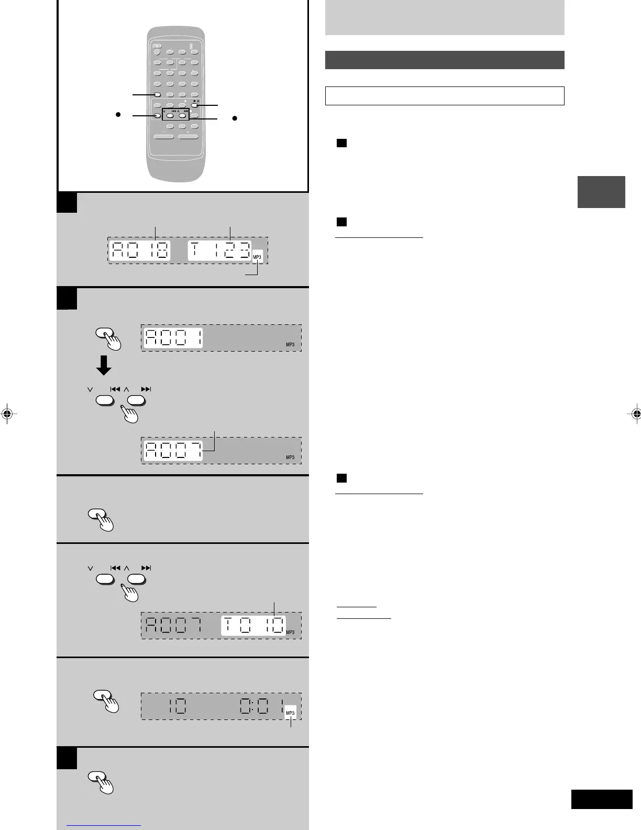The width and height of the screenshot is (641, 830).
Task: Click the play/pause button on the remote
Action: (194, 105)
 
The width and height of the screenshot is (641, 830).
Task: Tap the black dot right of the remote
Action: (235, 118)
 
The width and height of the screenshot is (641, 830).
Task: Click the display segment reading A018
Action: (140, 250)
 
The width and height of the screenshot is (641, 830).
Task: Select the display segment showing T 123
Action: (220, 250)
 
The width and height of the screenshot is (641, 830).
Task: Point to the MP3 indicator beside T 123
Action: (257, 257)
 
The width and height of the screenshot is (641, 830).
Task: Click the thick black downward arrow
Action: (104, 365)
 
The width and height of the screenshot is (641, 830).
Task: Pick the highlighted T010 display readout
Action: (253, 626)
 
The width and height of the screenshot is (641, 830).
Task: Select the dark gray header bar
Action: (444, 60)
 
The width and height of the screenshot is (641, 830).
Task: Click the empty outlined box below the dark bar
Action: (444, 96)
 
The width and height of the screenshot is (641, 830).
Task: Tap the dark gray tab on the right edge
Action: (601, 192)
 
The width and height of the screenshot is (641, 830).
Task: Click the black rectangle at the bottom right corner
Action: (601, 800)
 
